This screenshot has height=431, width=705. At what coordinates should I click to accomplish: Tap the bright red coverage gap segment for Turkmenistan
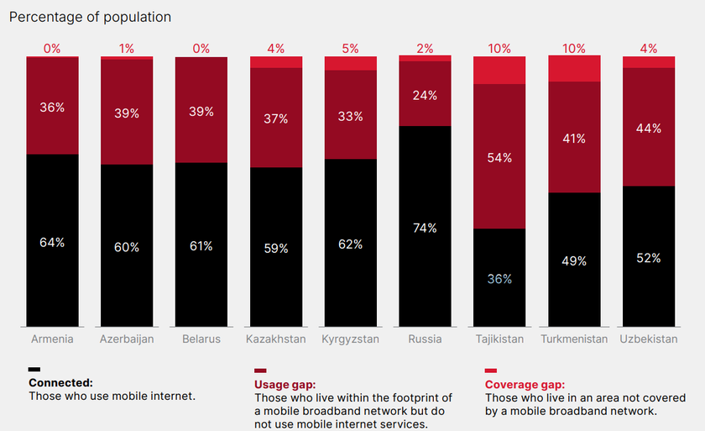click(574, 68)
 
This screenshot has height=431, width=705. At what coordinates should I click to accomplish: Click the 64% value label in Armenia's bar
click(52, 243)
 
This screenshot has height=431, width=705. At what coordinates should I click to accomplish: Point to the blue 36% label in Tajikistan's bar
click(499, 279)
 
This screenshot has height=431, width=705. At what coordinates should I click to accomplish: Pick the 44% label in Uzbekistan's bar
click(649, 129)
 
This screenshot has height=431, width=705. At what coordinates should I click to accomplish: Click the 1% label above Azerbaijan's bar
click(127, 49)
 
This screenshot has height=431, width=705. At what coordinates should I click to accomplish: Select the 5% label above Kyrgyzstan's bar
click(350, 49)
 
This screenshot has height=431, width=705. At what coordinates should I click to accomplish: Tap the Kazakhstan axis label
click(275, 339)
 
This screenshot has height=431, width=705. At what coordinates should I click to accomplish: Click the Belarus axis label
click(201, 339)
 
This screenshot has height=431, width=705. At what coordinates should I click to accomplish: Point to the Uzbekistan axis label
click(649, 339)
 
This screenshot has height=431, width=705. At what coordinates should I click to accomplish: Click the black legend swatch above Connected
click(34, 370)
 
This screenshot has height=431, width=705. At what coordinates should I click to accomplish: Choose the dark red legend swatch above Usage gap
click(260, 370)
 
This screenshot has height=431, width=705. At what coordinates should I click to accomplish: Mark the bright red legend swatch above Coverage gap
click(491, 370)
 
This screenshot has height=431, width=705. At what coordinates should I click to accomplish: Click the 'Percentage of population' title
click(91, 17)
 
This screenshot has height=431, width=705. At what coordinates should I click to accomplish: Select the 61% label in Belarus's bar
click(201, 246)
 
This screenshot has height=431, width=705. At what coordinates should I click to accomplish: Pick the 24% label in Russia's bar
click(425, 96)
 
